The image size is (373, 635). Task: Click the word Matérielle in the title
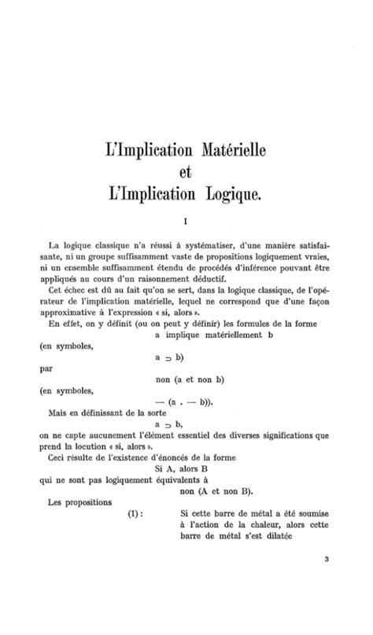click(227, 149)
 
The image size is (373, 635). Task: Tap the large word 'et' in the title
click(186, 170)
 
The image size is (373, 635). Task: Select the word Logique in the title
click(232, 192)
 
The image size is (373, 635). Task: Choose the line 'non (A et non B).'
click(216, 491)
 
